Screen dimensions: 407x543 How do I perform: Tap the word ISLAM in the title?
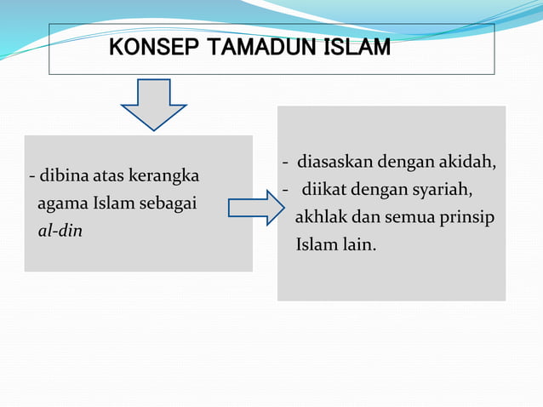click(x=357, y=49)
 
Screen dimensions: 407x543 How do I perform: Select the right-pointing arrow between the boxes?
click(x=256, y=208)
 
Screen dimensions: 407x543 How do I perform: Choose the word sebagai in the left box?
click(x=170, y=203)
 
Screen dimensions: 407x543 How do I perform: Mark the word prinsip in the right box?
click(x=466, y=217)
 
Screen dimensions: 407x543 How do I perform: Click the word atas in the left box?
click(x=106, y=177)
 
